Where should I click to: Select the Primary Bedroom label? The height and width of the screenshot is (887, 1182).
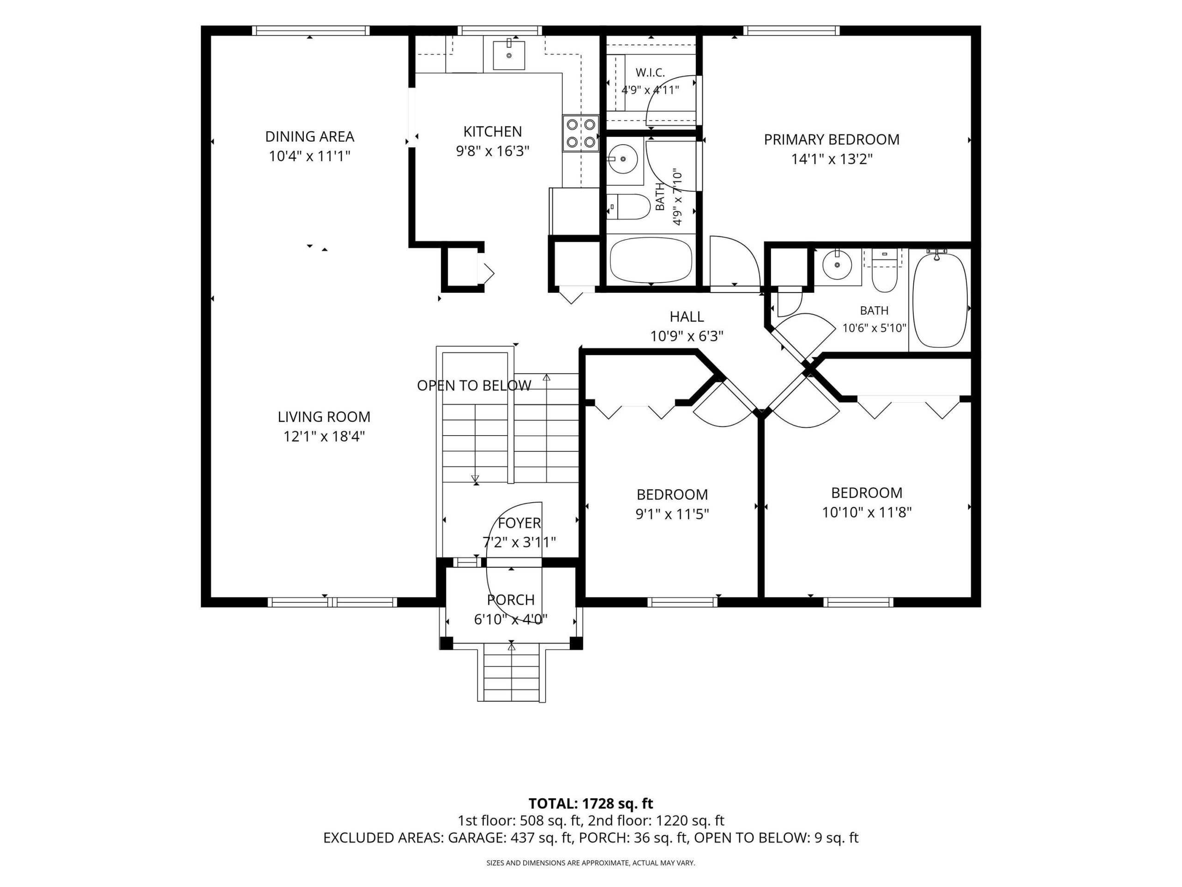[832, 140]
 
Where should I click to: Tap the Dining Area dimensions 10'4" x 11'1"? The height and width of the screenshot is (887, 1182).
[309, 156]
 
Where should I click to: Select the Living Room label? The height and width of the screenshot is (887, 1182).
[324, 417]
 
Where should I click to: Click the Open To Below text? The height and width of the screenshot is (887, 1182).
[474, 385]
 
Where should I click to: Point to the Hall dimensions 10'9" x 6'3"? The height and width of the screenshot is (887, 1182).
[687, 336]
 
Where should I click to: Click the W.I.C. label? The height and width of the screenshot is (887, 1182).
[650, 72]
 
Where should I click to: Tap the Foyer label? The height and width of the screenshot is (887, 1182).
[519, 523]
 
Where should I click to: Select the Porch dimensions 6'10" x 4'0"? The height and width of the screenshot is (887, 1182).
[511, 619]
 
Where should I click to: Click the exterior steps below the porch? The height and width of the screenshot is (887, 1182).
[512, 672]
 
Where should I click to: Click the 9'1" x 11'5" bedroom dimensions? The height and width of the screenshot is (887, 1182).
[672, 514]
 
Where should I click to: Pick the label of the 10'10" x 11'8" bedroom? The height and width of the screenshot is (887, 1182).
[867, 492]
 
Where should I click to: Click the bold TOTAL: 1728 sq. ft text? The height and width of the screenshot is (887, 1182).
[591, 803]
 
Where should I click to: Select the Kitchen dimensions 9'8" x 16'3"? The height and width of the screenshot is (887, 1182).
[492, 151]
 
